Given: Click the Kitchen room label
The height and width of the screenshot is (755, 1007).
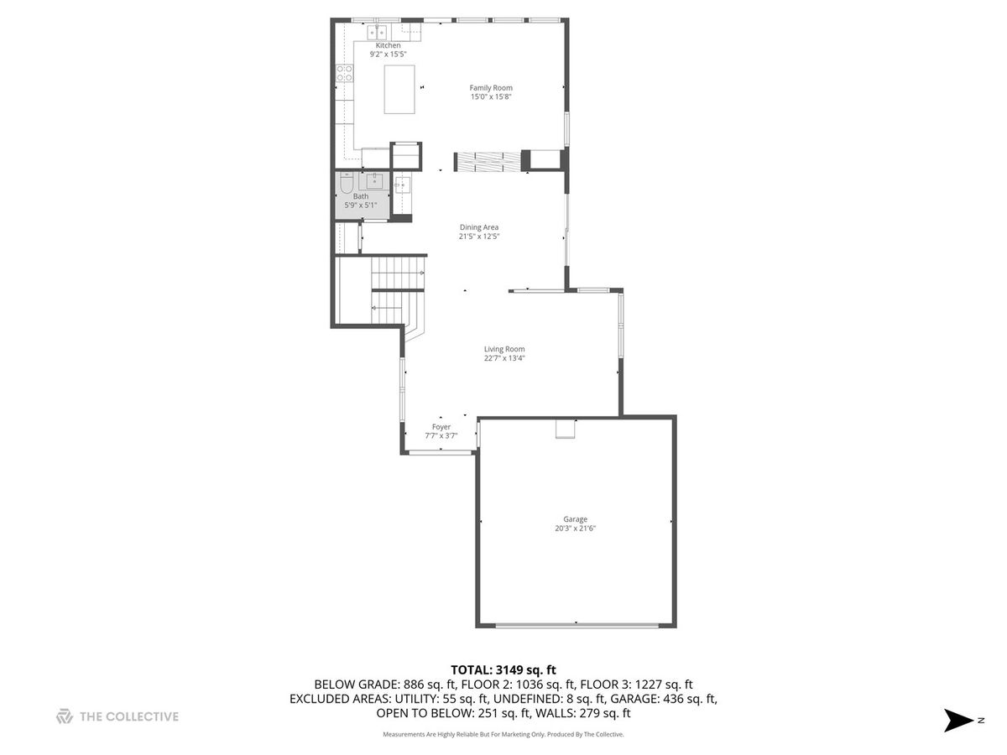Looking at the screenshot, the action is (x=388, y=45).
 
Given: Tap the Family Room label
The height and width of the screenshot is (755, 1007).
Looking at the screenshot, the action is (x=490, y=87).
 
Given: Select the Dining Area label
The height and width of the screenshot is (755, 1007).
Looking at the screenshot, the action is (x=478, y=226).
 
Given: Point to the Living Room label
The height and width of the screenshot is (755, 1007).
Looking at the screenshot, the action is (x=503, y=349).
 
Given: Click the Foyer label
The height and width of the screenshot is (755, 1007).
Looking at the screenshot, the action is (x=441, y=427).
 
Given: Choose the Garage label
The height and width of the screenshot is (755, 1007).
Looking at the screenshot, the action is (x=575, y=519).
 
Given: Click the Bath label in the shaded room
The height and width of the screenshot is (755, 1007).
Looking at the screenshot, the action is (x=361, y=196).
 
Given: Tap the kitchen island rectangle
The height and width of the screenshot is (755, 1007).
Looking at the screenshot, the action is (x=399, y=90).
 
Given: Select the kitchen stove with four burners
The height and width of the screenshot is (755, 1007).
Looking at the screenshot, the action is (x=345, y=73).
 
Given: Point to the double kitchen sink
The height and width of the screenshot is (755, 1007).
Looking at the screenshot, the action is (x=377, y=33).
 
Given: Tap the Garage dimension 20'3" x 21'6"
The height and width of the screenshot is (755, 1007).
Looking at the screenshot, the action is (x=575, y=528).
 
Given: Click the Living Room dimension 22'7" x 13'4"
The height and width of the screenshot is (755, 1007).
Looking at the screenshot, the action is (x=503, y=358).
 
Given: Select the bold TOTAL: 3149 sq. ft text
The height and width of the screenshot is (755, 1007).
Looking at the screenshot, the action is (x=503, y=670).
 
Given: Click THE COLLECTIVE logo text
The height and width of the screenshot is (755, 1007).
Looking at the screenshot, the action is (x=129, y=716).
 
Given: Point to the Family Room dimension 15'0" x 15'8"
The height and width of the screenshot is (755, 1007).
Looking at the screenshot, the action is (x=490, y=96).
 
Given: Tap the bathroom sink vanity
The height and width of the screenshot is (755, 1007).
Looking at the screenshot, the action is (x=374, y=181).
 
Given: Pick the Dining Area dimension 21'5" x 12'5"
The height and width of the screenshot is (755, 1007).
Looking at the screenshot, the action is (x=478, y=237).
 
